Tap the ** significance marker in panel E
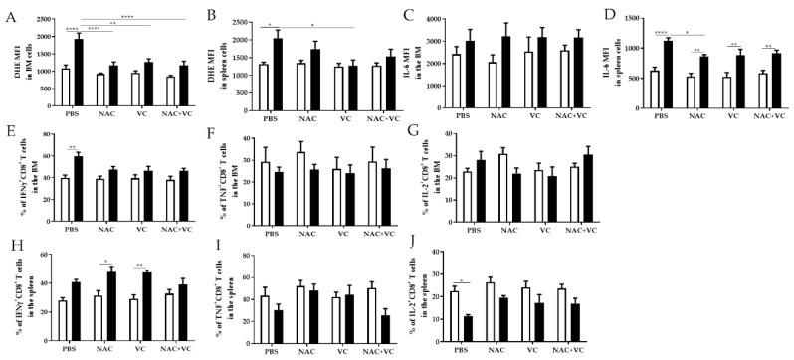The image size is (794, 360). tap(73, 148)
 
